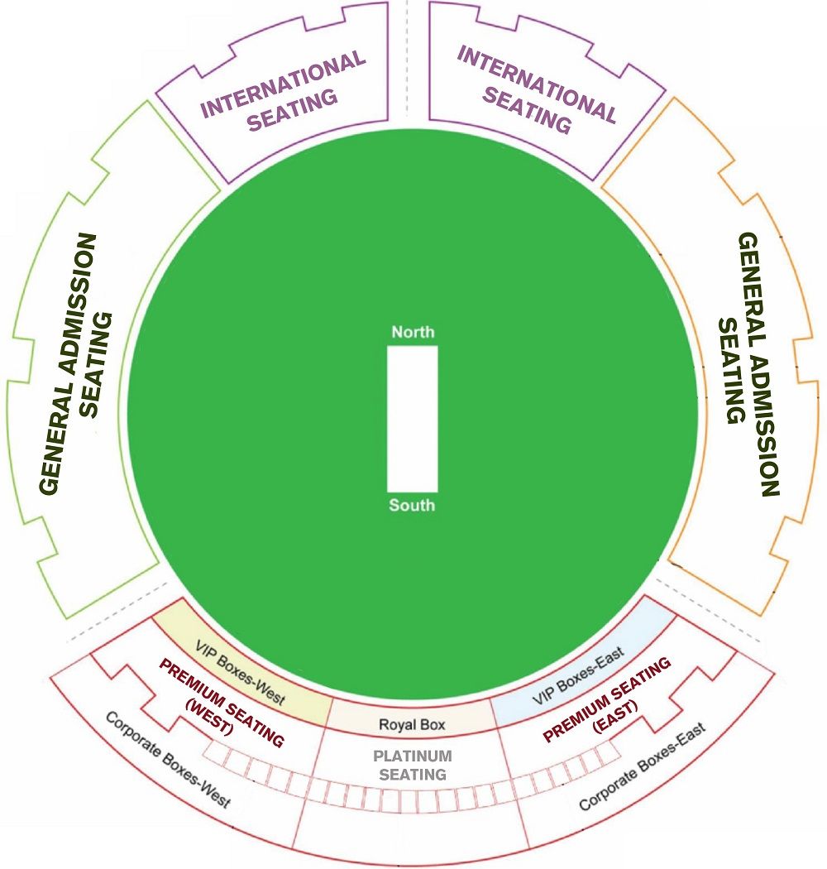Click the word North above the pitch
click(413, 332)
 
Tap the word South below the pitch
click(412, 505)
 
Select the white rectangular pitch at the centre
click(412, 419)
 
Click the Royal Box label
click(412, 724)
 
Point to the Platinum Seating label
click(413, 765)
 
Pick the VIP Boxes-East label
click(578, 675)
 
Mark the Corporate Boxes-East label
click(643, 766)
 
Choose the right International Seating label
click(536, 90)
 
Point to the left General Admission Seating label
click(76, 364)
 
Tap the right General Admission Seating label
click(749, 364)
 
